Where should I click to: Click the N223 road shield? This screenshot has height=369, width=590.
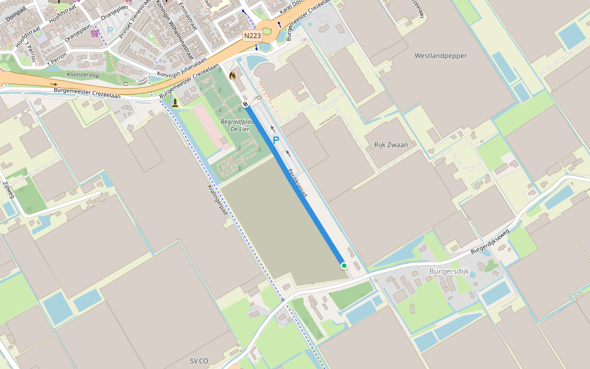[252, 36]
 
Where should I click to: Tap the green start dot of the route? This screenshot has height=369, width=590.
[344, 266]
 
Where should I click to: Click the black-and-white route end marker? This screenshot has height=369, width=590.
[245, 105]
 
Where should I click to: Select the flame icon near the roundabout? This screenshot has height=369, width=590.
[232, 75]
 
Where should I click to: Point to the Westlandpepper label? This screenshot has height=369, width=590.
[441, 56]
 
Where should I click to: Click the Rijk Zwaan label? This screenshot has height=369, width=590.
[391, 145]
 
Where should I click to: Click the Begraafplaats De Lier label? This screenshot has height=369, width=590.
[234, 125]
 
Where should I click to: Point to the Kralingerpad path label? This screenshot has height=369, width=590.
[218, 200]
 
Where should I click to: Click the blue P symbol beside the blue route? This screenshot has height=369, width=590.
[276, 141]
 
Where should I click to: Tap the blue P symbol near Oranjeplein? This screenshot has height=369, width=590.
[110, 30]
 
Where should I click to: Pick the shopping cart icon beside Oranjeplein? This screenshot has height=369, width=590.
[95, 33]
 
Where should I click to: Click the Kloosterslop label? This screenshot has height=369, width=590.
[83, 74]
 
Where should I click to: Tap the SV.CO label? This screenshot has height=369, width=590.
[199, 361]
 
